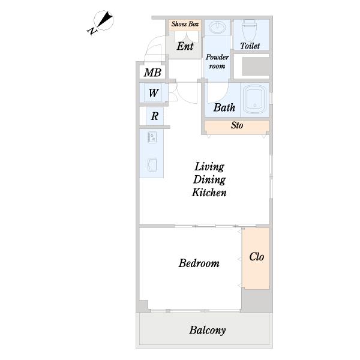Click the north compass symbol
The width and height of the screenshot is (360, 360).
[x=101, y=22]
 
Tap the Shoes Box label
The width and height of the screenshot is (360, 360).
[x=185, y=24]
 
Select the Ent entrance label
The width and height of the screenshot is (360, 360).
[x=185, y=46]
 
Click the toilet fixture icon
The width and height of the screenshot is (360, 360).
[x=249, y=30]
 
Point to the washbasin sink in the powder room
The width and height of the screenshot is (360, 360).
[x=217, y=28]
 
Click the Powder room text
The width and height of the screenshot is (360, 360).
[x=217, y=61]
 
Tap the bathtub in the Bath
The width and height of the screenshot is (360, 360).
[x=254, y=100]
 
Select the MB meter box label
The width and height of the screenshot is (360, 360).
[x=152, y=73]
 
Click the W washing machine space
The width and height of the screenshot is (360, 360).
[x=154, y=93]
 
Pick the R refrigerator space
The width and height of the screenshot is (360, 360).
[x=155, y=116]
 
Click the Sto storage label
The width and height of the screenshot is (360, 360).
[x=237, y=125]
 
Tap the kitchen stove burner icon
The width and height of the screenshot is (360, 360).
[x=152, y=137]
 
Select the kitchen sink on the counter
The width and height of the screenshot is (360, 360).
[x=152, y=164]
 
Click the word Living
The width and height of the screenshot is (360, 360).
[x=209, y=167]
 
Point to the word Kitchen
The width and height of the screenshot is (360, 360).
[x=209, y=193]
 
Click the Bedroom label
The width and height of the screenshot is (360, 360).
[x=199, y=263]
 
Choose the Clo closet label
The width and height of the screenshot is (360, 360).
[x=256, y=257]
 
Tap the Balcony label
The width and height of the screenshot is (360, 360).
[x=208, y=330]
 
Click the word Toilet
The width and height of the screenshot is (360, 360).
[x=250, y=46]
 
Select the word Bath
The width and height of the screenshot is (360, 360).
[x=224, y=107]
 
